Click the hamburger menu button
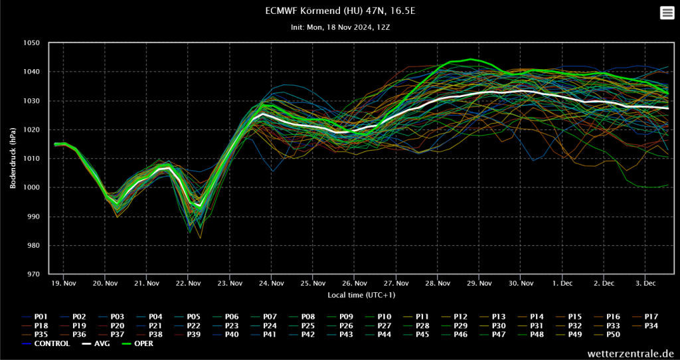point(667,13)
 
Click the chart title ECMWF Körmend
point(339,11)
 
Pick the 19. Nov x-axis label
point(63,283)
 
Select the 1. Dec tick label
point(562,283)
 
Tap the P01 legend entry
point(41,316)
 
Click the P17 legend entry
point(650,316)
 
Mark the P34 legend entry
point(650,325)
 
